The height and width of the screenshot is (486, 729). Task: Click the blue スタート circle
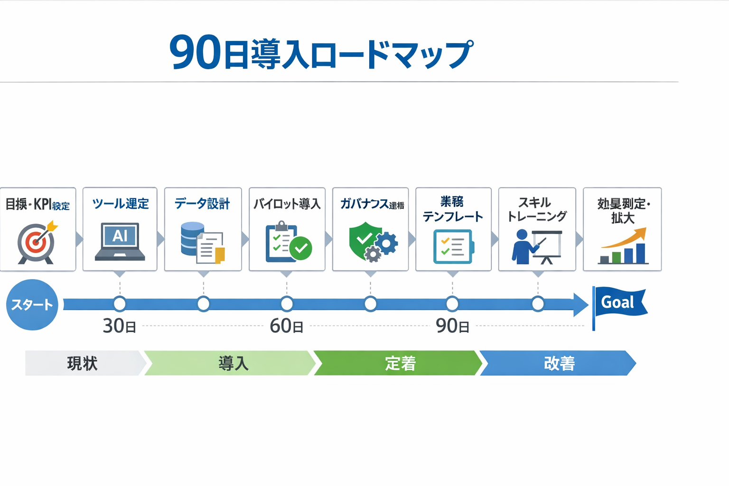[x=32, y=305]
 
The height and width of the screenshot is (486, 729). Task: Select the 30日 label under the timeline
[x=119, y=326]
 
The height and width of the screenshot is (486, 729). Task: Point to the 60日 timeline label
[x=286, y=326]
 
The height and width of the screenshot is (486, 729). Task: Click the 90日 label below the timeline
[x=452, y=326]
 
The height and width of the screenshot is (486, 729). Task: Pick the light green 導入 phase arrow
[x=230, y=364]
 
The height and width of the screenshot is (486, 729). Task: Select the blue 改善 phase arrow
[x=558, y=364]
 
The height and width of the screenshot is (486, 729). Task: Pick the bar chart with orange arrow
[x=623, y=246]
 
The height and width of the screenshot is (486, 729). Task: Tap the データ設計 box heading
[x=202, y=204]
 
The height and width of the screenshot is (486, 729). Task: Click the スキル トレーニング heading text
[x=537, y=209]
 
